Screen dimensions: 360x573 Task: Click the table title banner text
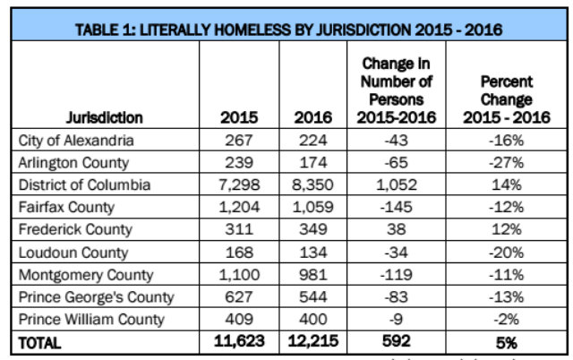coord(288,29)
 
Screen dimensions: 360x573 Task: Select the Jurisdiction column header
coord(104,117)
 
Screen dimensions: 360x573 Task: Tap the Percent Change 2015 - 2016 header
coord(506,99)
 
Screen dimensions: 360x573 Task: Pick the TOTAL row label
coord(42,341)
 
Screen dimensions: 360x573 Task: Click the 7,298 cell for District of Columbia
coord(239,185)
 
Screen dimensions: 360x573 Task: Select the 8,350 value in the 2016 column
coord(312,185)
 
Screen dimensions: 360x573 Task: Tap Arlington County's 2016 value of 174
coord(312,162)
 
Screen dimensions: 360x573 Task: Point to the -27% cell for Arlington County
coord(506,162)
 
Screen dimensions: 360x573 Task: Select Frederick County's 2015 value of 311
coord(239,230)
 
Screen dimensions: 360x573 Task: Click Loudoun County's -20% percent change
coord(506,253)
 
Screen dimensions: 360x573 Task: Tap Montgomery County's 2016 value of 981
coord(312,275)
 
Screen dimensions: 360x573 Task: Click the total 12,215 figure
coord(312,341)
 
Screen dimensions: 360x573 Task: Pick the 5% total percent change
coord(506,341)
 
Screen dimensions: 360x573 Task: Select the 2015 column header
coord(239,117)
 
